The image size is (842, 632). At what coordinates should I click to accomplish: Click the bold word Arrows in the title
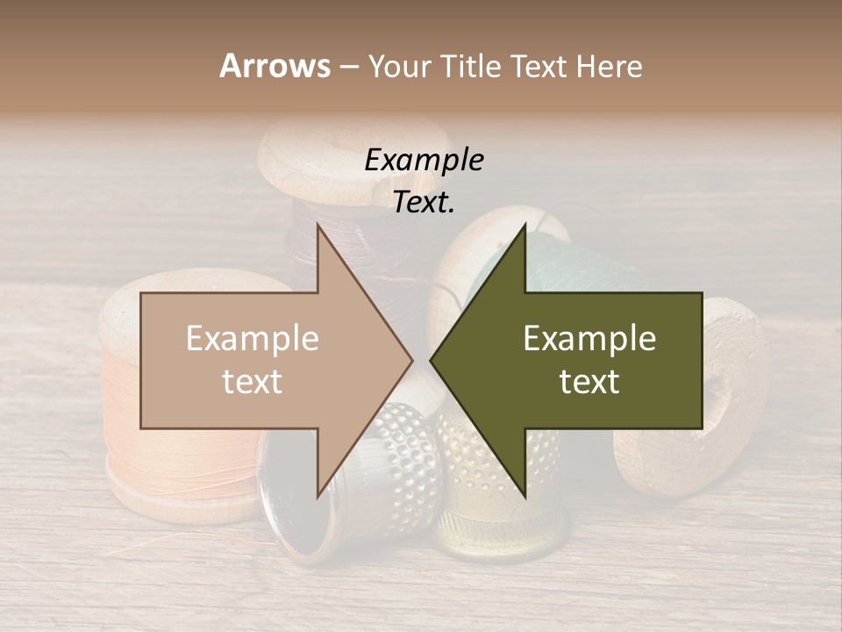tap(275, 66)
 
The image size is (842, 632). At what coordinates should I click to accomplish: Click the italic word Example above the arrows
tap(424, 161)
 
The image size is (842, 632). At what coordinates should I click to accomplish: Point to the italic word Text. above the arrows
tap(424, 202)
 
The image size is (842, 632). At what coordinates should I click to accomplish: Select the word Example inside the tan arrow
tap(253, 339)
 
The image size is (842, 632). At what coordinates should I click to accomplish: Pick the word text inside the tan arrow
tap(253, 381)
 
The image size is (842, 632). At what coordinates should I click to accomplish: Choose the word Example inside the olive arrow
tap(589, 339)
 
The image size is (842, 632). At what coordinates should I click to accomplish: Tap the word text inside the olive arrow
tap(589, 381)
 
